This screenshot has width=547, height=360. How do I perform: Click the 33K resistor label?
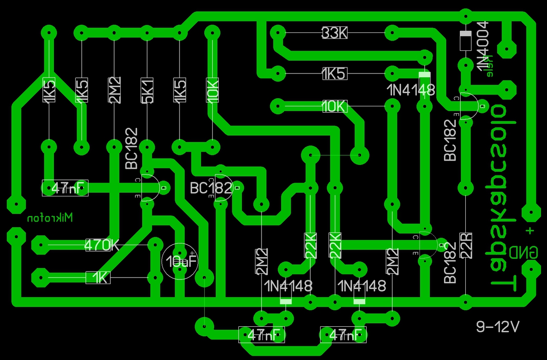335,33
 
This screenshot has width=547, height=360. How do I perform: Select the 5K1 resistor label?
147,90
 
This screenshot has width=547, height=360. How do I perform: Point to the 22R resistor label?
465,246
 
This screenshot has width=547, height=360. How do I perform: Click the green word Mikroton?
50,218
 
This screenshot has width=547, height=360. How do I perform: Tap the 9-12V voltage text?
498,327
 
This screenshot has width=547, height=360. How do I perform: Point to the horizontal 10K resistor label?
335,106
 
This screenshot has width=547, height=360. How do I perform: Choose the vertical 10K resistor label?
212,90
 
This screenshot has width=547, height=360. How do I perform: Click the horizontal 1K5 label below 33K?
335,74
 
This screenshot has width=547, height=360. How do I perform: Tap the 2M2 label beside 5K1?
115,90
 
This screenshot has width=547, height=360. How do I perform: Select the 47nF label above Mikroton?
65,188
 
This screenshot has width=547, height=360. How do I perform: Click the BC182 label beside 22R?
450,262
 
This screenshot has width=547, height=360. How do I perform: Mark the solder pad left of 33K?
278,32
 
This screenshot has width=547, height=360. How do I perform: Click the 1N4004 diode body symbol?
465,40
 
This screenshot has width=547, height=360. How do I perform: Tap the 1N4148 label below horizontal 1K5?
411,90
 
